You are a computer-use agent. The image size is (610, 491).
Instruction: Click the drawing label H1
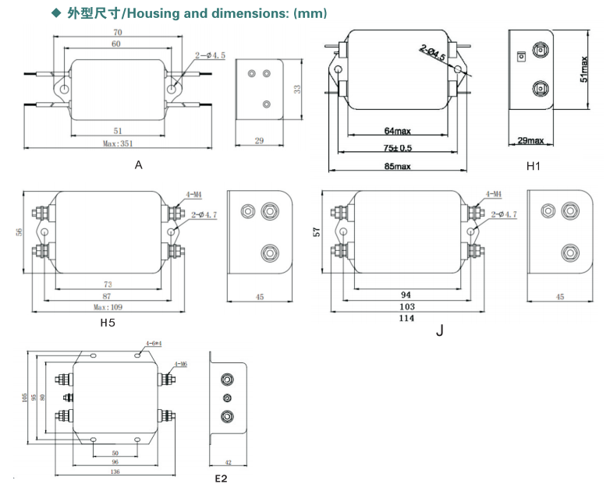(x=534, y=166)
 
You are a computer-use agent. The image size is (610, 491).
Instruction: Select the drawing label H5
(x=108, y=322)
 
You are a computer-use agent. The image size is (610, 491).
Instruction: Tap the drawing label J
(x=439, y=330)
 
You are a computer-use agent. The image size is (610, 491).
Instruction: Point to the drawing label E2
(x=221, y=478)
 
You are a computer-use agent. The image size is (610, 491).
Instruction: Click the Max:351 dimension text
(x=117, y=143)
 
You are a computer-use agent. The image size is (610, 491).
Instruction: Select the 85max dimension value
(x=397, y=166)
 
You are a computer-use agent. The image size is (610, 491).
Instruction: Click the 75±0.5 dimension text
(x=397, y=148)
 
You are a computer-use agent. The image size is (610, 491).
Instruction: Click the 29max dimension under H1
(x=530, y=140)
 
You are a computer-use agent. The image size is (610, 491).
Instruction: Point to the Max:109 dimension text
(x=107, y=307)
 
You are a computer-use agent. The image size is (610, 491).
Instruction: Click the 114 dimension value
(x=406, y=318)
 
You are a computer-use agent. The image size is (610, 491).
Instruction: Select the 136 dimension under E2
(x=115, y=471)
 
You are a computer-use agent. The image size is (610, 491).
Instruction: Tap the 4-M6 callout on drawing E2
(x=180, y=364)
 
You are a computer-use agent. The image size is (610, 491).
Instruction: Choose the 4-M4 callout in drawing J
(x=493, y=193)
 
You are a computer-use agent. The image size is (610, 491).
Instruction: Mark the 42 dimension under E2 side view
(x=229, y=462)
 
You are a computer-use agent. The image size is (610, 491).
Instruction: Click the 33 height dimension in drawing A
(x=297, y=90)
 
